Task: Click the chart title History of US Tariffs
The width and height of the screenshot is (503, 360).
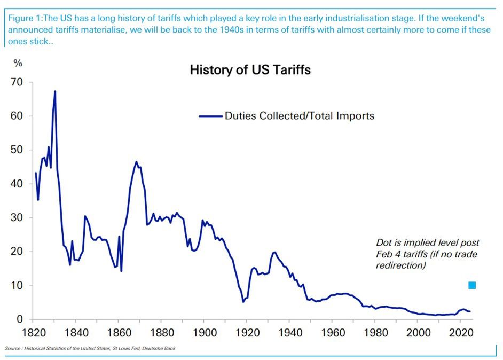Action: pos(250,70)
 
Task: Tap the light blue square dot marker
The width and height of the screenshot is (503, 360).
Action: pos(472,285)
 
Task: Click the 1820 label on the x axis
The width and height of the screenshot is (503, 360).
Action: pos(32,331)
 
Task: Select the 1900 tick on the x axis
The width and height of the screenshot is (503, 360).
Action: pos(203,331)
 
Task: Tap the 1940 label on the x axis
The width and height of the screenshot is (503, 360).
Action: pos(289,331)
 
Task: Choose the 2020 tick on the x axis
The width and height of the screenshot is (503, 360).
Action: pos(460,331)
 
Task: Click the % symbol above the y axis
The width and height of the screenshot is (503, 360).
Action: pos(18,63)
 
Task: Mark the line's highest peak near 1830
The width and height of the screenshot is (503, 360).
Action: pos(55,91)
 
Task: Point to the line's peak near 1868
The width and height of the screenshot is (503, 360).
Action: pos(136,161)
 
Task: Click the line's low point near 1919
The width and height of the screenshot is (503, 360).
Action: pos(243,302)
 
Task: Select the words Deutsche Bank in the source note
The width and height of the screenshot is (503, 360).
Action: pos(161,349)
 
